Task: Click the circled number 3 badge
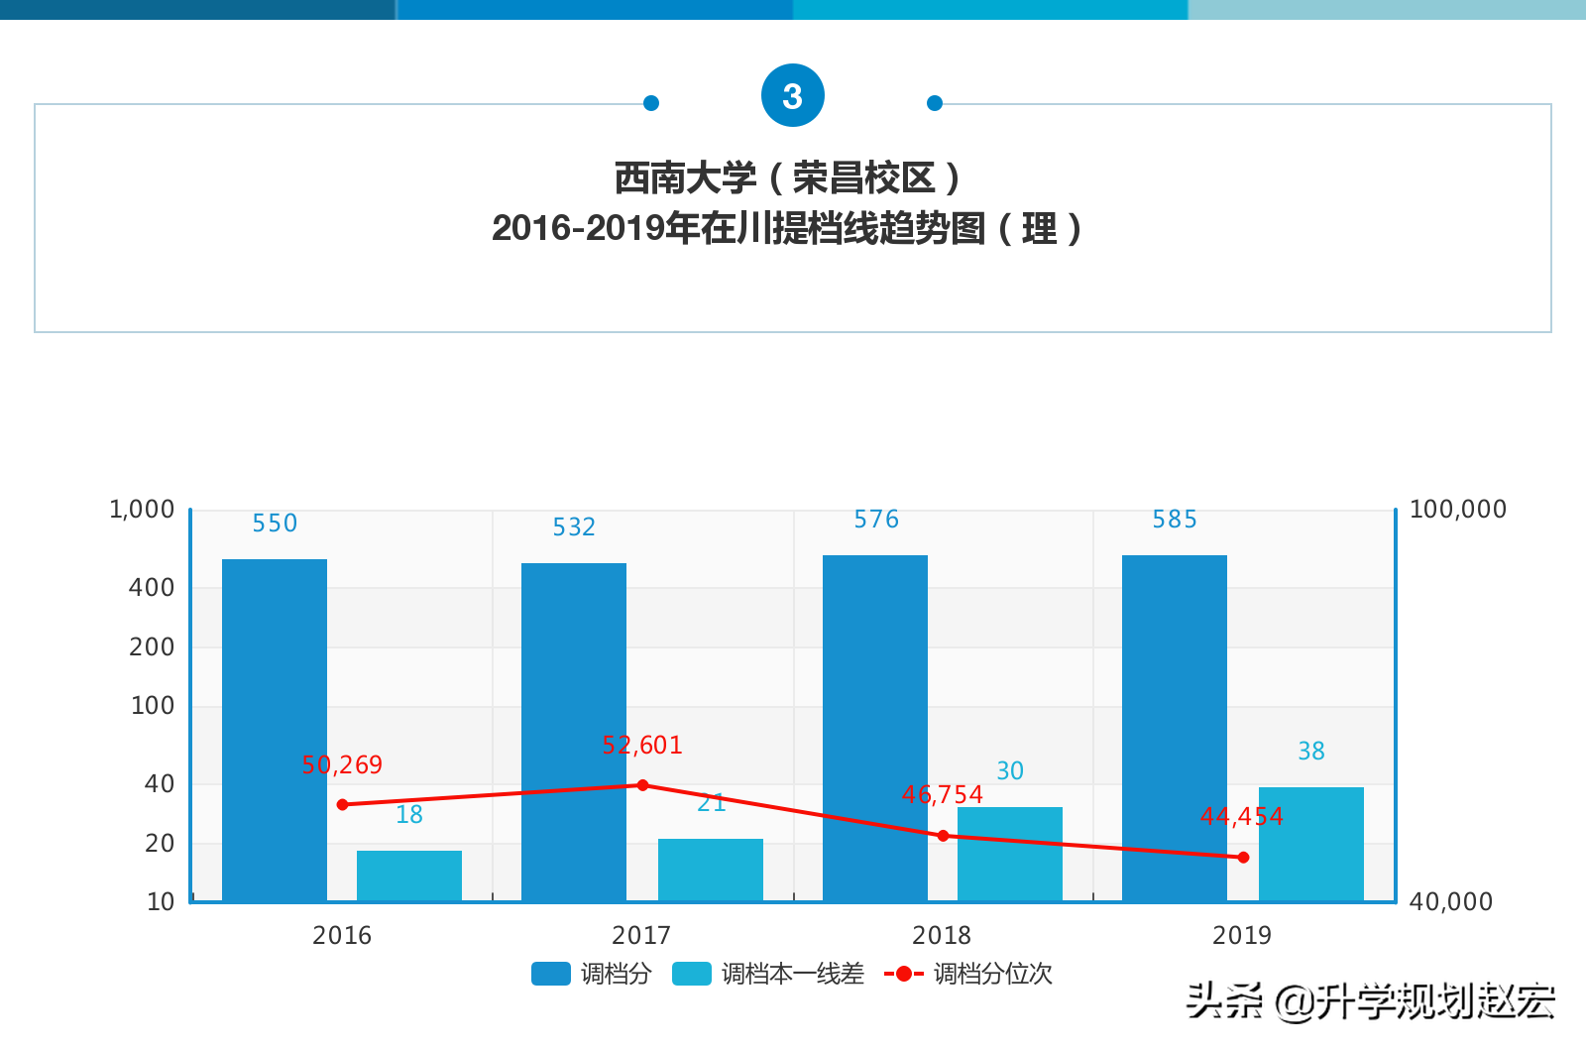792,96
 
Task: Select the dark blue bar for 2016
275,729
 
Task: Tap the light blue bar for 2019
1310,844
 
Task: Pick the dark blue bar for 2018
874,727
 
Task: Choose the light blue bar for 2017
710,870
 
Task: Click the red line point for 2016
343,804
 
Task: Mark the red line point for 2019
1243,857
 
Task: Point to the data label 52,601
642,746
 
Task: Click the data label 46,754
942,795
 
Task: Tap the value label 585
1175,520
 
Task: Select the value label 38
1310,752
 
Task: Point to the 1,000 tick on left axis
142,510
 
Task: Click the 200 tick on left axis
152,647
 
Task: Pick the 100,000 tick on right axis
1457,510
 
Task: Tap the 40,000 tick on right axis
1450,902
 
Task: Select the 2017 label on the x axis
641,935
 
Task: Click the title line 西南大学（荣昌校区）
788,178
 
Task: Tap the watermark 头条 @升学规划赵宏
1370,1001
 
